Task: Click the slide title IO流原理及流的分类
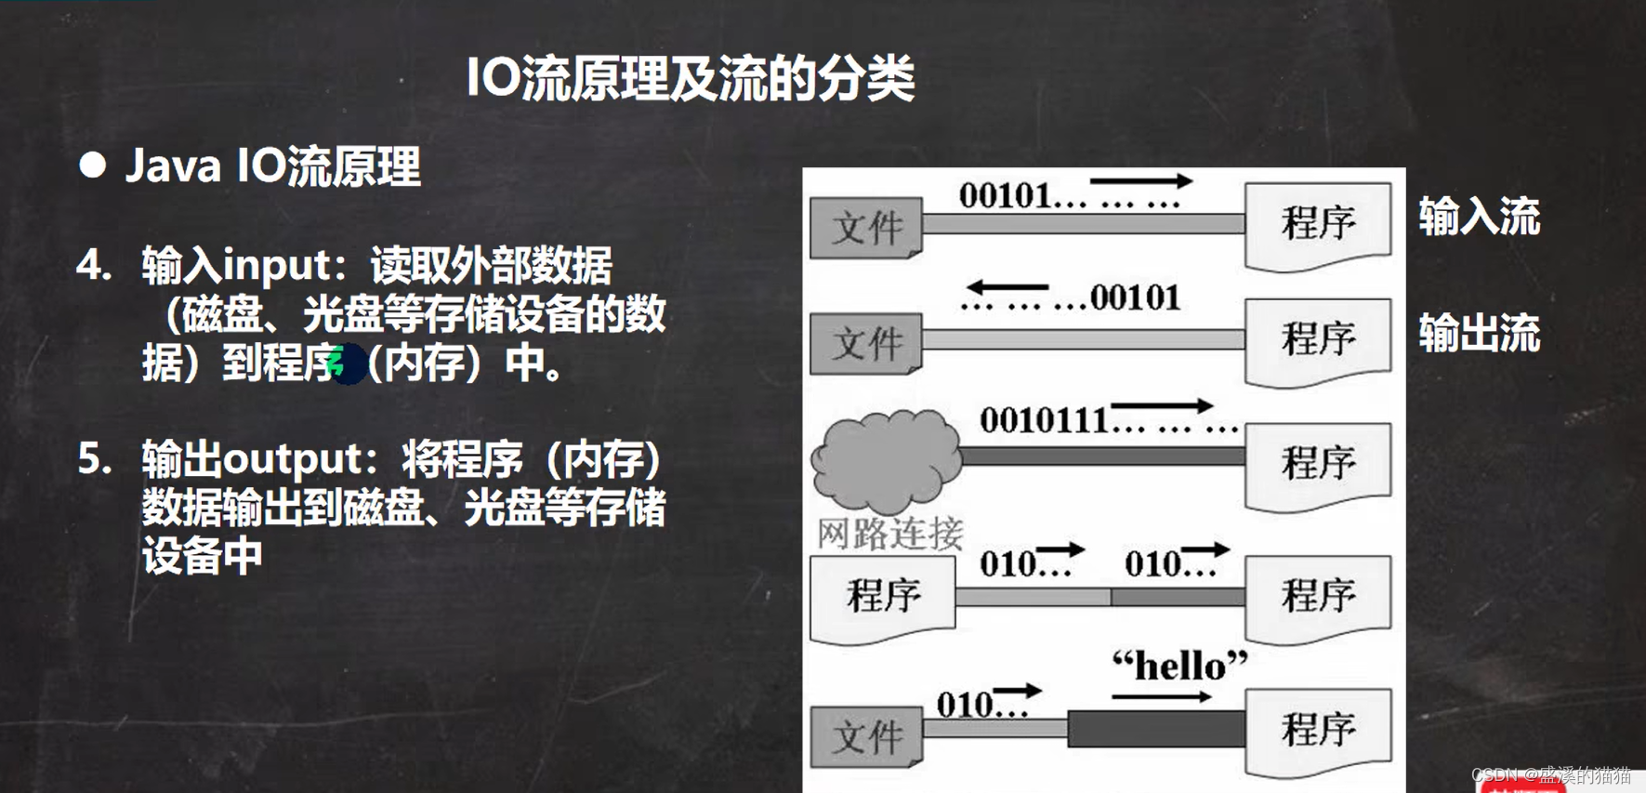point(691,78)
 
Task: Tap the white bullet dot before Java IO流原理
point(92,165)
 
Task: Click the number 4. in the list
point(94,266)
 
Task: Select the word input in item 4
point(277,266)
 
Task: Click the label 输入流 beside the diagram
point(1479,218)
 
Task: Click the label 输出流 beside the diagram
point(1479,334)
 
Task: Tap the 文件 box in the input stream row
point(866,228)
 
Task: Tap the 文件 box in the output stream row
point(866,344)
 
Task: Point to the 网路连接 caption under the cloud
point(889,534)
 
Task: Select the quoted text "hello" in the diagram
point(1179,666)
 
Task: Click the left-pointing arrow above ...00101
point(1007,287)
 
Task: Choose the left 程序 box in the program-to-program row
point(882,596)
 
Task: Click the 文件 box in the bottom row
point(866,736)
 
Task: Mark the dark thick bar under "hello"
point(1156,729)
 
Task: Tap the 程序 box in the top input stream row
point(1317,224)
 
